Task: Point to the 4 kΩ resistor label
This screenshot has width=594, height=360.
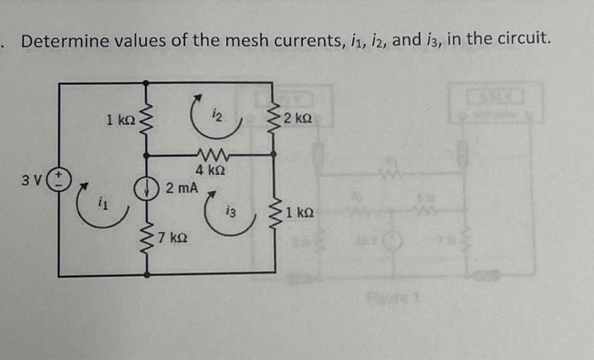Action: click(210, 170)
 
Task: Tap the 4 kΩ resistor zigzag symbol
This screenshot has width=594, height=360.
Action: click(210, 155)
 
